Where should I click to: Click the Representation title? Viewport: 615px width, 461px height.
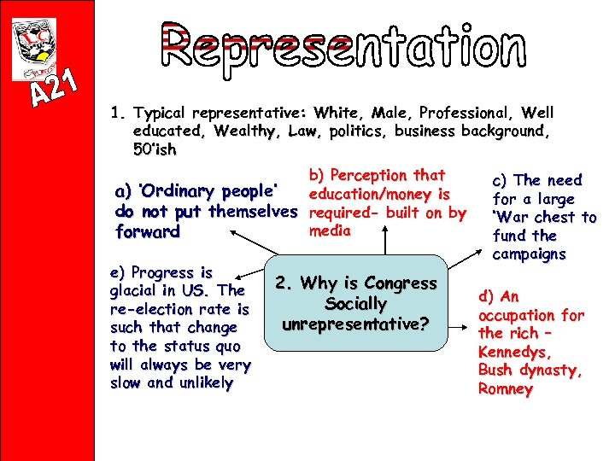(x=342, y=48)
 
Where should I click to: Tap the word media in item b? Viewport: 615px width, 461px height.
(x=331, y=230)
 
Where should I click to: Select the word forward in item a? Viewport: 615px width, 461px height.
(x=147, y=231)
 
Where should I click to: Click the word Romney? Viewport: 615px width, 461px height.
(x=506, y=389)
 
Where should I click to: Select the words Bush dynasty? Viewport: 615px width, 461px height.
(x=530, y=371)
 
